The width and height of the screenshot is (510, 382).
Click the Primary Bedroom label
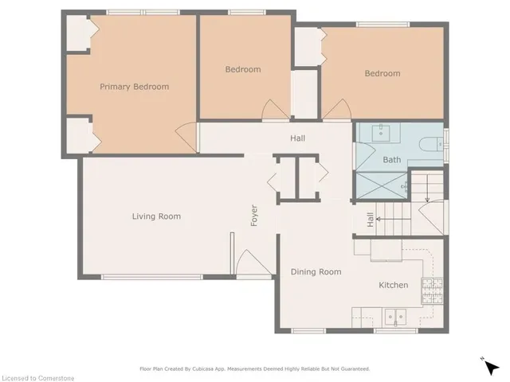point(134,87)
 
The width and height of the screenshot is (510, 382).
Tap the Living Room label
point(156,216)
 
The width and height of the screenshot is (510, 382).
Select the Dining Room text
point(316,272)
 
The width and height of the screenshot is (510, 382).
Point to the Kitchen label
point(393,285)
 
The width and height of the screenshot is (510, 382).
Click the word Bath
point(392,160)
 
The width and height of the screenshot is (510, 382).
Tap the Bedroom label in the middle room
point(242,69)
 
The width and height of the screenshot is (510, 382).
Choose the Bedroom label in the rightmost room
point(382,74)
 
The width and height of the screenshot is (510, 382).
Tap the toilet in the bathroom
point(430,145)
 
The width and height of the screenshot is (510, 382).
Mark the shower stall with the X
point(382,185)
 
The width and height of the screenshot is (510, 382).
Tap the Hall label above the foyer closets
point(297,138)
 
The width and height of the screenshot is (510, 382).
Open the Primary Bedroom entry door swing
point(185,136)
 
